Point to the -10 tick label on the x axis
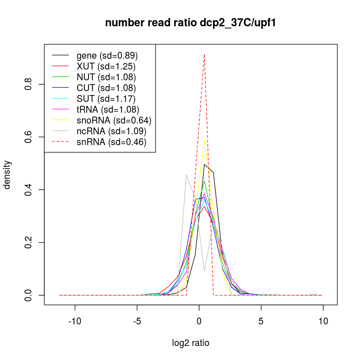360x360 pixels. click(75, 321)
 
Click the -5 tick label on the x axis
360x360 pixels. click(137, 321)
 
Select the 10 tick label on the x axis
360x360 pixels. click(323, 321)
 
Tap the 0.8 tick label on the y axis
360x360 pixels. click(28, 84)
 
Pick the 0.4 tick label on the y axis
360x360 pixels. click(28, 190)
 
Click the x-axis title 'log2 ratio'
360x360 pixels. click(190, 343)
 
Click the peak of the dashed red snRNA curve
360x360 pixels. click(204, 54)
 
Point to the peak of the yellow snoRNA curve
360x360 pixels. click(204, 140)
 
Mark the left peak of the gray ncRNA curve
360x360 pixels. click(186, 175)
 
